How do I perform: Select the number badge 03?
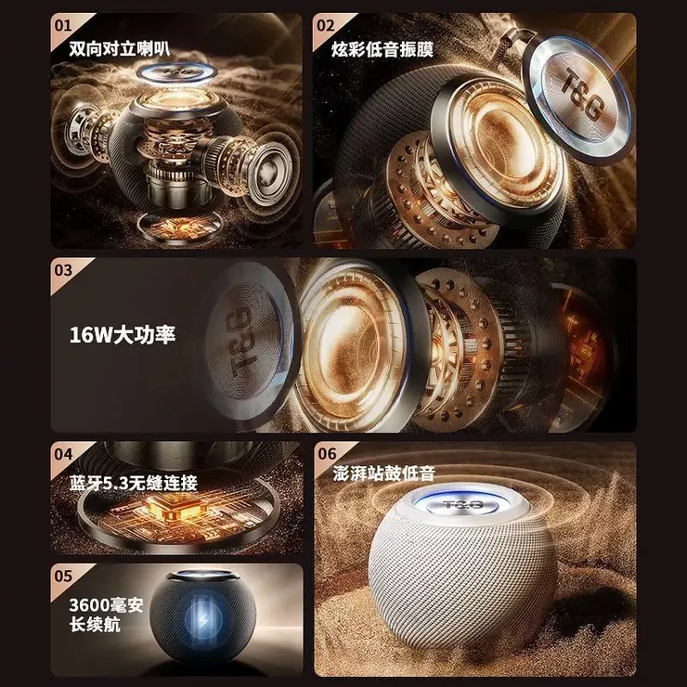tap(64, 271)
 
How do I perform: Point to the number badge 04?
tap(64, 455)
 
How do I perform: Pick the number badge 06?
tap(326, 455)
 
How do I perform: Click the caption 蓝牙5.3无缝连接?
tap(134, 483)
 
